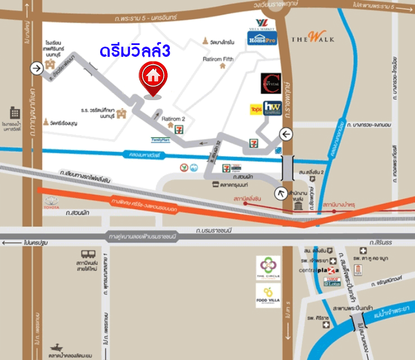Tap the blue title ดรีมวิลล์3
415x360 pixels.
[x=135, y=52]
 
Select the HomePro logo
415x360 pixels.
[x=261, y=38]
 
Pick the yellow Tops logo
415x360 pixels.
[x=256, y=109]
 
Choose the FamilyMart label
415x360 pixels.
[x=160, y=139]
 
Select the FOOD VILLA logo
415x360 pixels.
[x=268, y=295]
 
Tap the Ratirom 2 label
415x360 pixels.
[x=173, y=119]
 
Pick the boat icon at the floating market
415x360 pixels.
[x=56, y=348]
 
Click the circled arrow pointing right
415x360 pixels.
[x=38, y=69]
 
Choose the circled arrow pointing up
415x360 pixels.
[x=280, y=194]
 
